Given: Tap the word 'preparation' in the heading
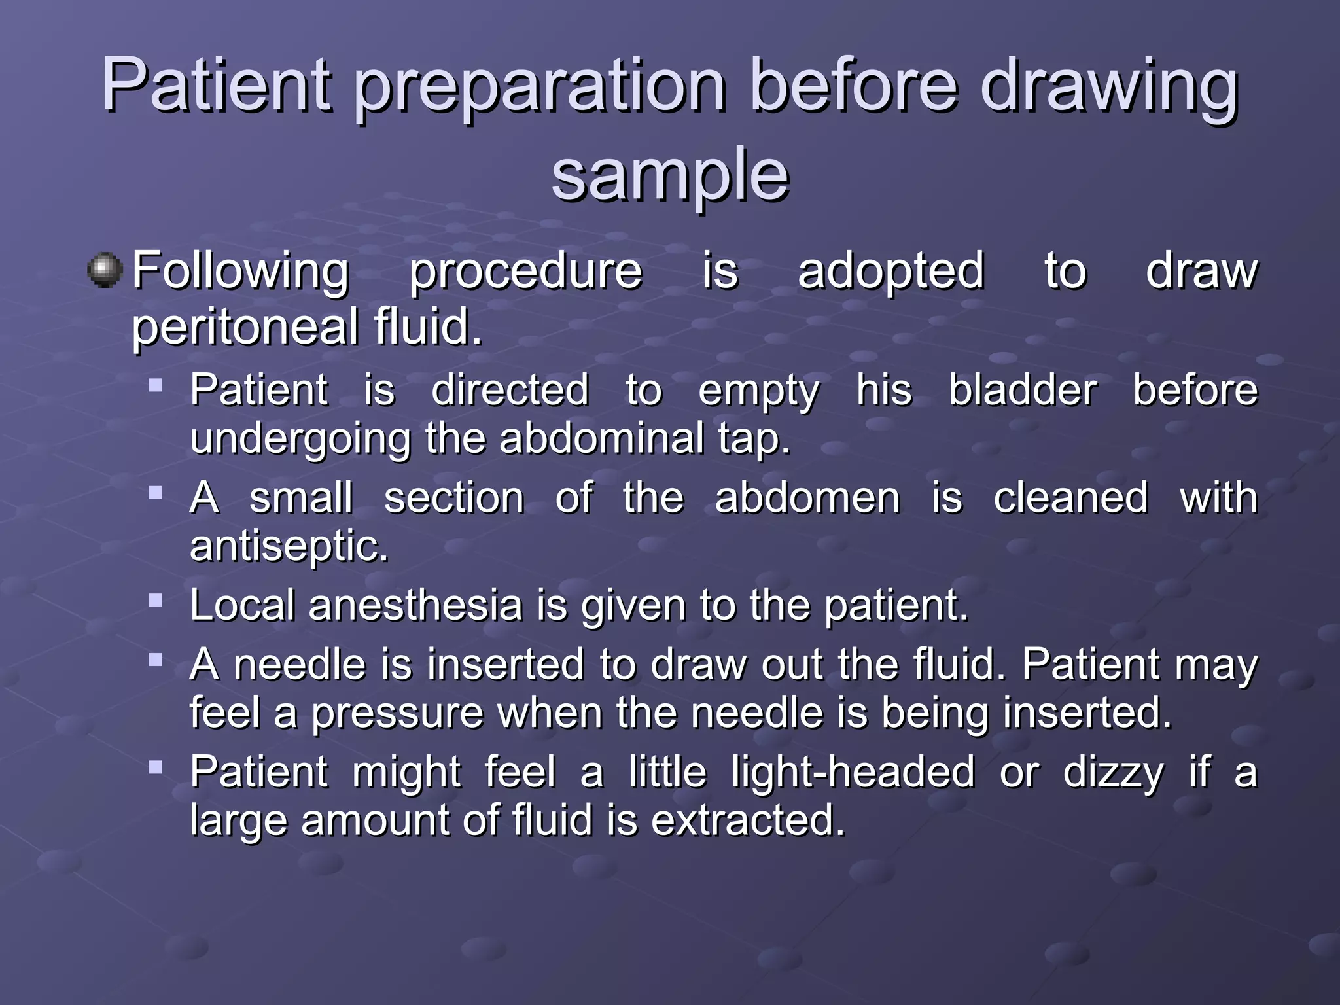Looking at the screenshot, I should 540,88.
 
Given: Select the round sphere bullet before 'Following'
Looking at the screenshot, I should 105,270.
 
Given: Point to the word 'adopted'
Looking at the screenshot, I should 890,270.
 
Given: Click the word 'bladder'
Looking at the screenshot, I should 1023,391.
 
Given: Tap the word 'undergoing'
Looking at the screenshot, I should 300,440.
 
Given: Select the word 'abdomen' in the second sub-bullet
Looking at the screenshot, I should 807,498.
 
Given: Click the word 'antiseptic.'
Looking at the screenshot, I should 289,546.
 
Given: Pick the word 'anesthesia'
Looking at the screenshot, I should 415,605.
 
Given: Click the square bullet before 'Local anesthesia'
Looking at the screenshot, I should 156,600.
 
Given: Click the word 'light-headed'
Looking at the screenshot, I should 853,772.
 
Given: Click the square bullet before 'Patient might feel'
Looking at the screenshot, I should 156,767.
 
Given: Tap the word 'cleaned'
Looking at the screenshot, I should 1070,498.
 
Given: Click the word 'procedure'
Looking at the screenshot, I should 525,272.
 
